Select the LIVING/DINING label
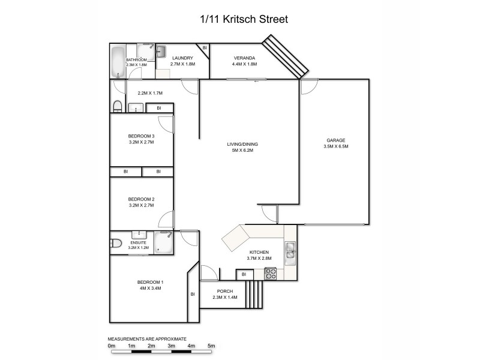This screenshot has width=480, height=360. [246, 145]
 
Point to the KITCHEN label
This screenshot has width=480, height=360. [259, 252]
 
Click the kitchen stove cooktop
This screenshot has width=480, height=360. [271, 274]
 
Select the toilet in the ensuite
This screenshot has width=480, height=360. [115, 243]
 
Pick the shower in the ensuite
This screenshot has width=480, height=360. [163, 242]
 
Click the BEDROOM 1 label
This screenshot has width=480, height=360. [150, 282]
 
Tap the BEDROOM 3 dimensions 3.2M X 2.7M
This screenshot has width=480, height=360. [142, 143]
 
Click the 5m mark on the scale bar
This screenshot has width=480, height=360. [211, 346]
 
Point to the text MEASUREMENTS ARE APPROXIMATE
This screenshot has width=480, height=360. [147, 338]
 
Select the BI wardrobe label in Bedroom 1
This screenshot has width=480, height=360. [193, 294]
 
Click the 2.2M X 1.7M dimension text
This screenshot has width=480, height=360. [151, 93]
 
